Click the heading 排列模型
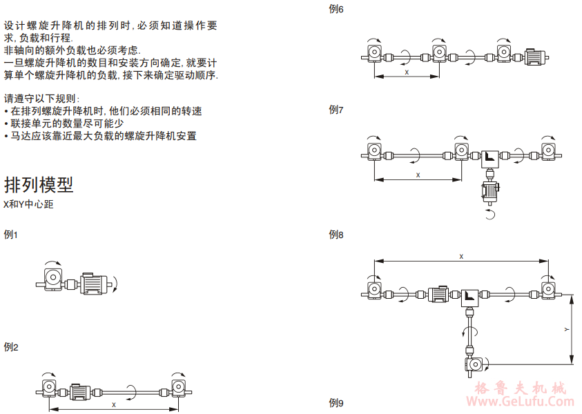pos(39,185)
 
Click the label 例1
pos(10,235)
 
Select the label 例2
pos(10,346)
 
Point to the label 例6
pos(337,10)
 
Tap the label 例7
pos(337,110)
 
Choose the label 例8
pos(337,235)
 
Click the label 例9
pos(337,403)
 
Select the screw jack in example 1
pos(52,278)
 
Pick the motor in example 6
pos(536,57)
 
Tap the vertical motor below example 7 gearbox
pos(492,191)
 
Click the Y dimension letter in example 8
pos(567,329)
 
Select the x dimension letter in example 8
pos(461,257)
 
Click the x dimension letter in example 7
pos(418,175)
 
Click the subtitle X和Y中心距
pos(28,205)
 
